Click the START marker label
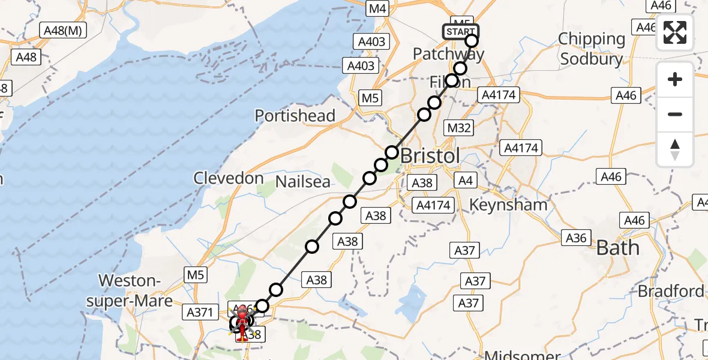tap(461, 31)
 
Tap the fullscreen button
tap(675, 32)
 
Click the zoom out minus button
tap(675, 114)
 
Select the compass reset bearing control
tap(675, 149)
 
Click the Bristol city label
tap(430, 155)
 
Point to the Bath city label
tap(617, 247)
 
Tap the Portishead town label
tap(295, 115)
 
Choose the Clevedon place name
tap(228, 178)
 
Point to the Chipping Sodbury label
tap(591, 49)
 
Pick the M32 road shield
tap(460, 127)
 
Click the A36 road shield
tap(575, 238)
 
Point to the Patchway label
tap(448, 54)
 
